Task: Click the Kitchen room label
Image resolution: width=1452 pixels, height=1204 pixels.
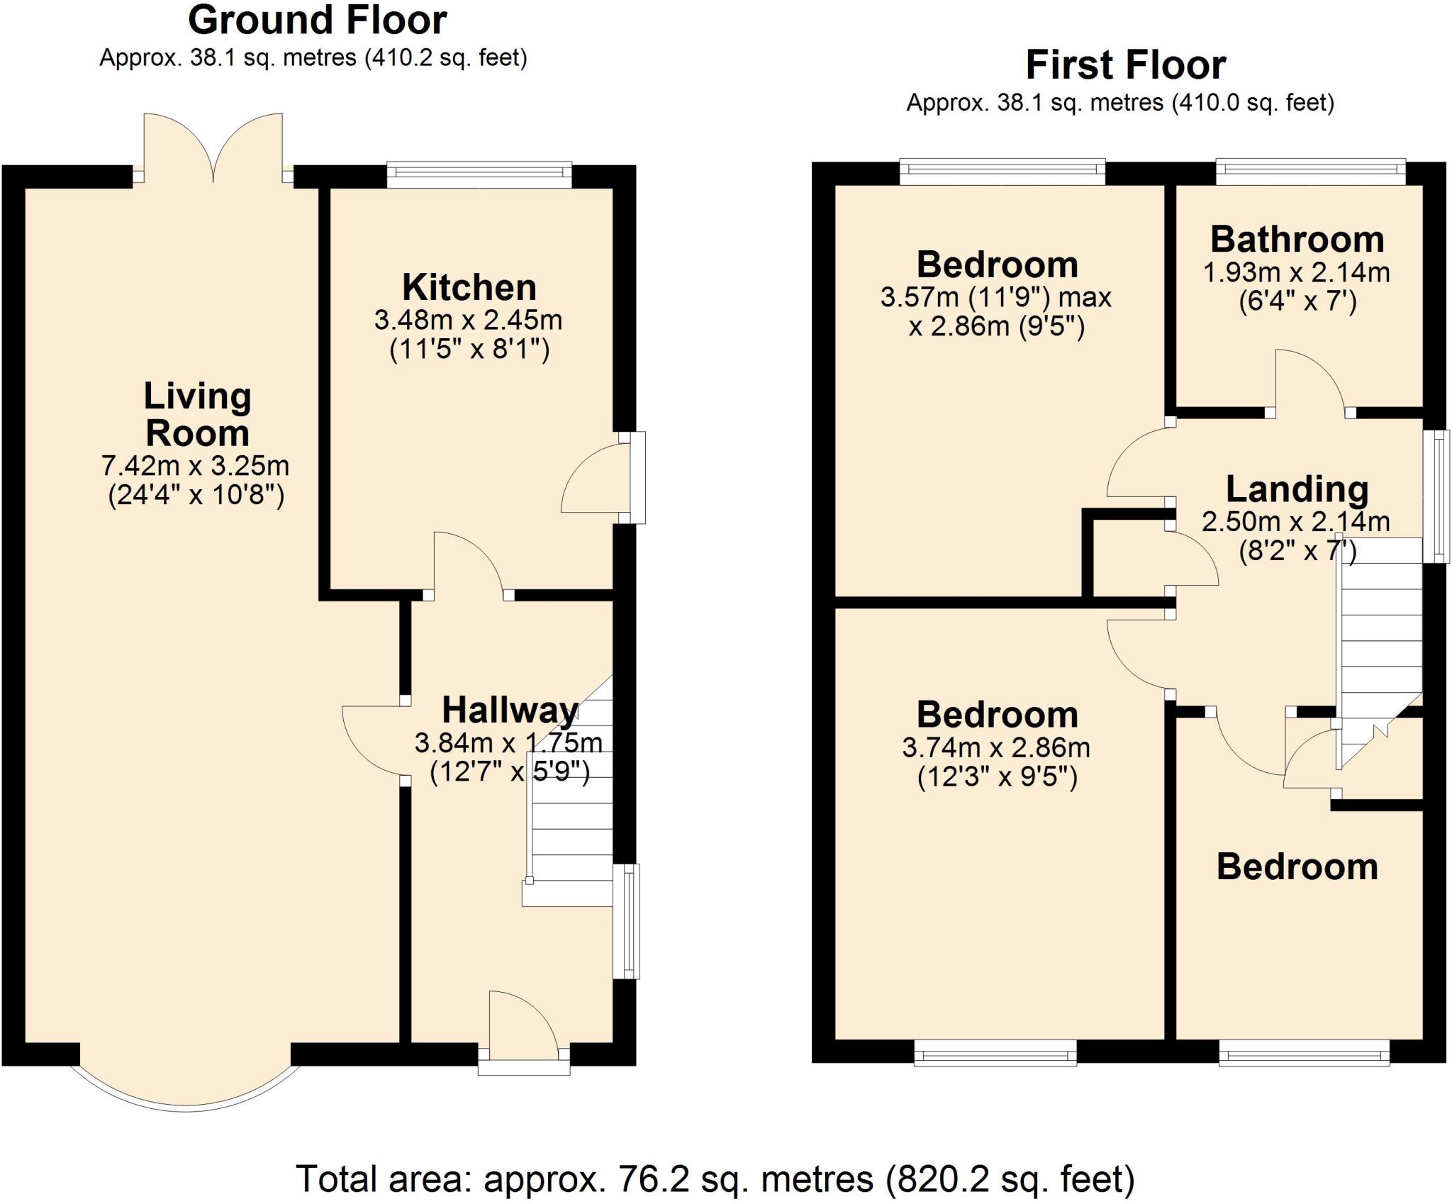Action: click(x=469, y=288)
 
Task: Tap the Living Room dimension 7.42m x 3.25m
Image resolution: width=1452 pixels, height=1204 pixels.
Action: click(x=195, y=466)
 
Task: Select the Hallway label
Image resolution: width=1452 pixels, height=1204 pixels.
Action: click(x=509, y=710)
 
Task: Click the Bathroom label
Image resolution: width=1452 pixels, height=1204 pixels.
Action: click(x=1297, y=240)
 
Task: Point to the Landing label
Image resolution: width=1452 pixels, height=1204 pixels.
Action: click(x=1297, y=489)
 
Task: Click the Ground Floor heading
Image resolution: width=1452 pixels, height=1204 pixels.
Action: click(x=317, y=21)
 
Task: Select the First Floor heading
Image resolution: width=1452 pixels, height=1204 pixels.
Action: click(x=1125, y=66)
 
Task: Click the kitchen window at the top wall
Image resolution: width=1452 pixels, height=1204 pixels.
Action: click(x=479, y=174)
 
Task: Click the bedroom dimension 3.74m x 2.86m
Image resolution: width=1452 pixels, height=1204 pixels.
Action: click(x=996, y=748)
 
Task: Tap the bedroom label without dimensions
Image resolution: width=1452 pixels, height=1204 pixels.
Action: click(x=1297, y=867)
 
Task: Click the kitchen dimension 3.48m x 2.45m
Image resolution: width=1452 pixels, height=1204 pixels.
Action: click(x=468, y=320)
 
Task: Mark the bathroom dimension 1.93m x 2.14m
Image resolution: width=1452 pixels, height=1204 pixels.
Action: click(x=1296, y=272)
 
